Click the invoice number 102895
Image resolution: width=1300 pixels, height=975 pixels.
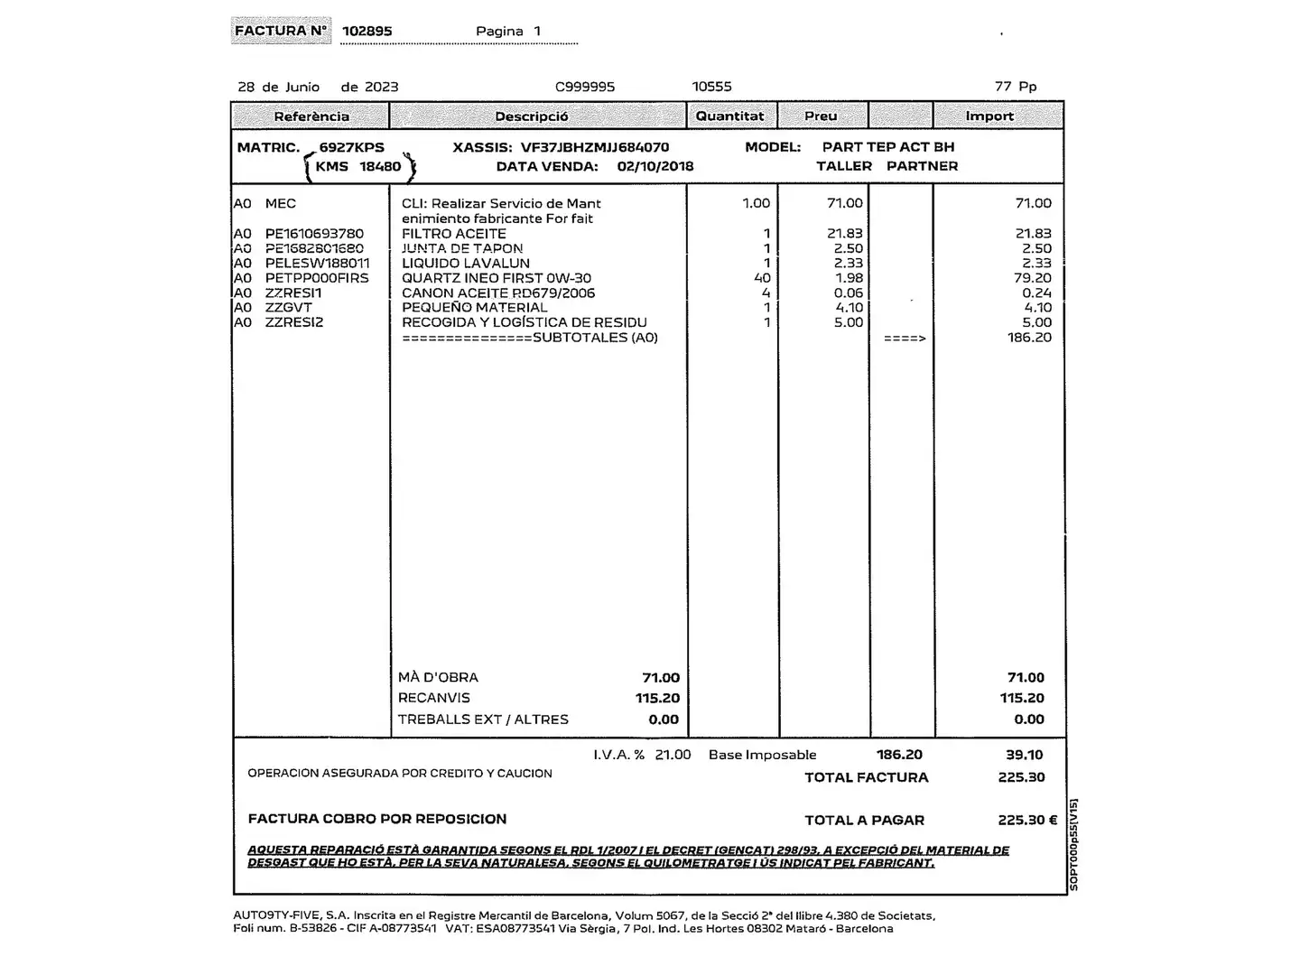click(x=367, y=31)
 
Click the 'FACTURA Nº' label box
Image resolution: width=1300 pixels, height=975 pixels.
click(x=281, y=31)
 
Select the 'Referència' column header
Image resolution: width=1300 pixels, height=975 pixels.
click(x=311, y=116)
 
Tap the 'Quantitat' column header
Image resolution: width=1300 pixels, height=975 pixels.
click(x=729, y=116)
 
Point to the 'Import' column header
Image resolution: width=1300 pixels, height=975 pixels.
click(x=989, y=116)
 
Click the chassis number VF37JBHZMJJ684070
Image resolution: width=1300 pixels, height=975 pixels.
click(x=595, y=147)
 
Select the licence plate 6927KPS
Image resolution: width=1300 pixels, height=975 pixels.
click(x=351, y=147)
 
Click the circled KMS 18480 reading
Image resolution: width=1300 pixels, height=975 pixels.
click(x=358, y=166)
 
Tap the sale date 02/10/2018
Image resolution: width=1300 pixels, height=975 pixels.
click(x=655, y=166)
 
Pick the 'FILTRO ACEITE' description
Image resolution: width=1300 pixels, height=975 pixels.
click(x=454, y=233)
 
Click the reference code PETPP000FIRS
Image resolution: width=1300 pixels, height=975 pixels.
click(x=317, y=278)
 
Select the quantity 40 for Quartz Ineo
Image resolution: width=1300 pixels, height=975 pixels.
click(x=762, y=278)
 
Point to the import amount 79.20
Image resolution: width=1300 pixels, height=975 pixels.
click(x=1032, y=278)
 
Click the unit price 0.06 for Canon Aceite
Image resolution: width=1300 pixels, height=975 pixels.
click(x=849, y=292)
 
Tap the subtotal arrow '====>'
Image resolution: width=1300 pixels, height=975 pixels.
click(x=905, y=339)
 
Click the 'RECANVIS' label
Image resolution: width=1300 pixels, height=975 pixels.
click(x=434, y=698)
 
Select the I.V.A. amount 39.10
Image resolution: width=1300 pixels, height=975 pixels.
click(x=1025, y=755)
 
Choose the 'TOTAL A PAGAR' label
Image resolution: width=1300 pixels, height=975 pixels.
click(x=865, y=821)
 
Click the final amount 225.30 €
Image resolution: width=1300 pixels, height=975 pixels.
click(x=1027, y=821)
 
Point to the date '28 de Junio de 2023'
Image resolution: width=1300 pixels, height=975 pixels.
click(x=318, y=87)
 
